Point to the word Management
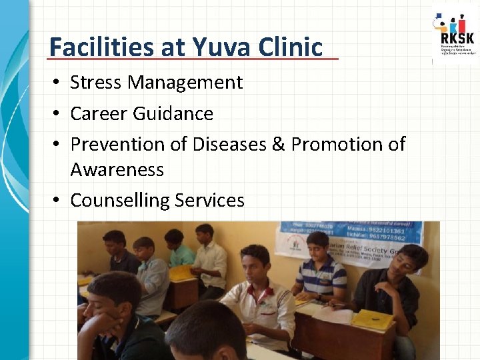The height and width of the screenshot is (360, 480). click(185, 83)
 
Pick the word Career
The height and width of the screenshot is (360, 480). click(99, 114)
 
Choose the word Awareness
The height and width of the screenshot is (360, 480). click(117, 170)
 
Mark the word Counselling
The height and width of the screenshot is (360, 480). click(119, 200)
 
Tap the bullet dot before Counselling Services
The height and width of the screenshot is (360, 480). click(59, 201)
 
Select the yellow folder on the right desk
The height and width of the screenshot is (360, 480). click(371, 320)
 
